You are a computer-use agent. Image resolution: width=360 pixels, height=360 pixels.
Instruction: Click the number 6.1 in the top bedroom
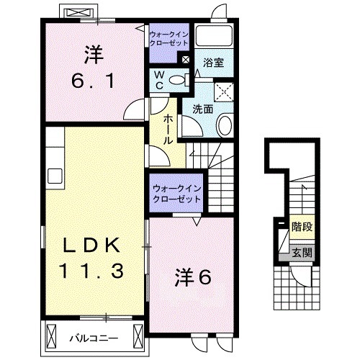coord(91,81)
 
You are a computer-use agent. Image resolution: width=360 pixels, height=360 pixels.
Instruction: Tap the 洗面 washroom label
coord(203,109)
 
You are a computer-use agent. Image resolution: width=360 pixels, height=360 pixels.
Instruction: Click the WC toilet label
coord(158,79)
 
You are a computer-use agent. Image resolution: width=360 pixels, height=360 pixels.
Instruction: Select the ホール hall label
coord(168,128)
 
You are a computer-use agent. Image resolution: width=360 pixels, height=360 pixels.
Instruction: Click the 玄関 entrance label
coord(301,252)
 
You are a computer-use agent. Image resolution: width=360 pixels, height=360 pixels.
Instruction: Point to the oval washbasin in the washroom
coord(224,127)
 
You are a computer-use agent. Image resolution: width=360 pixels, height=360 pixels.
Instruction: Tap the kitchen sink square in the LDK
coord(55,174)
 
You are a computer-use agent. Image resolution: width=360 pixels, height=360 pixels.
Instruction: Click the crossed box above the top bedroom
coord(79,12)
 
